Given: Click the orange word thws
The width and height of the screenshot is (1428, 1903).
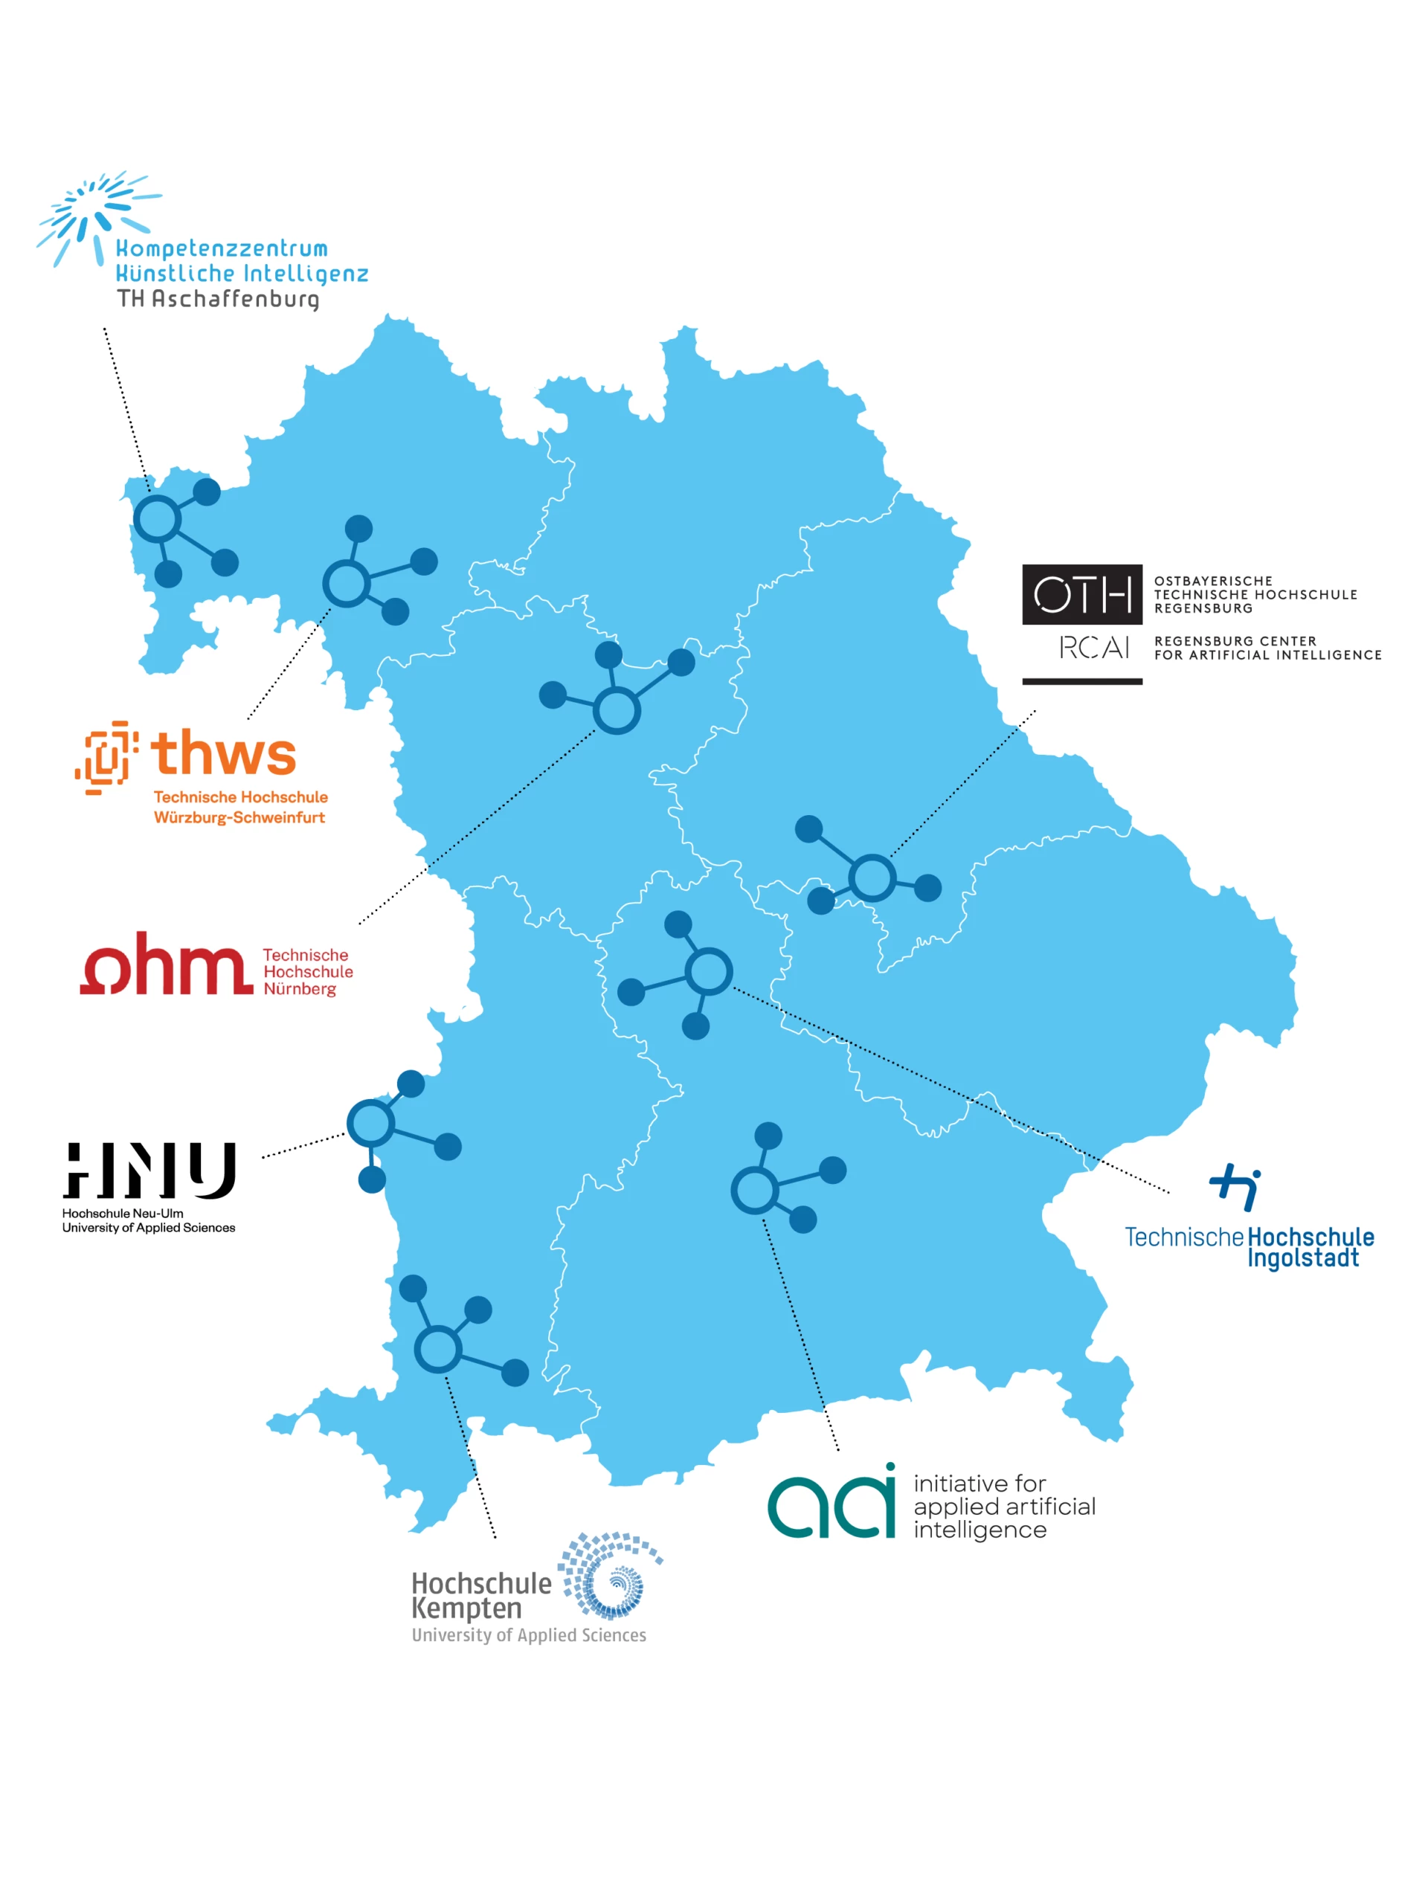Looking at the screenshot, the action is (224, 753).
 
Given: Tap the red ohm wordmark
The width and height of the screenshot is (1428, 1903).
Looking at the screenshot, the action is (167, 965).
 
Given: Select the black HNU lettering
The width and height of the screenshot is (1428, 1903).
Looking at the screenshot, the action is (149, 1170).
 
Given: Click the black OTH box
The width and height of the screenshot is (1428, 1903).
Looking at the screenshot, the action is (1081, 594).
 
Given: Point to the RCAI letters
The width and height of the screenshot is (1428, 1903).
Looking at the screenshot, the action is (1093, 648).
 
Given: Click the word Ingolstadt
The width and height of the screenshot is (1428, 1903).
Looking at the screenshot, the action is (1302, 1258).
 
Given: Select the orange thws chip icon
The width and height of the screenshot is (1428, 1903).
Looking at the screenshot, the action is (106, 756).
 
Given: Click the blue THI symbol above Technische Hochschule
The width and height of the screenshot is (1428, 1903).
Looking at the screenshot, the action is (1235, 1186).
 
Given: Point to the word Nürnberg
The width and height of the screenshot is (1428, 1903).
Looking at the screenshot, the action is (300, 989).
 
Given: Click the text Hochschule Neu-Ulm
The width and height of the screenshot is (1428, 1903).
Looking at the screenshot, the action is (122, 1213).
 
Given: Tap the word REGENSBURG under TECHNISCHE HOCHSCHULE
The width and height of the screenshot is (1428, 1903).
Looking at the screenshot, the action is (1203, 608).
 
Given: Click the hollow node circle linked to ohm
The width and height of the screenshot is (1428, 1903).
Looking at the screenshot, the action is (616, 711).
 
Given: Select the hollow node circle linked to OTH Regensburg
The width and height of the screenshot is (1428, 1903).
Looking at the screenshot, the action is (872, 878).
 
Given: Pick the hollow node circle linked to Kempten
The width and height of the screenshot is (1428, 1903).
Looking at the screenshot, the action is (439, 1349).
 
